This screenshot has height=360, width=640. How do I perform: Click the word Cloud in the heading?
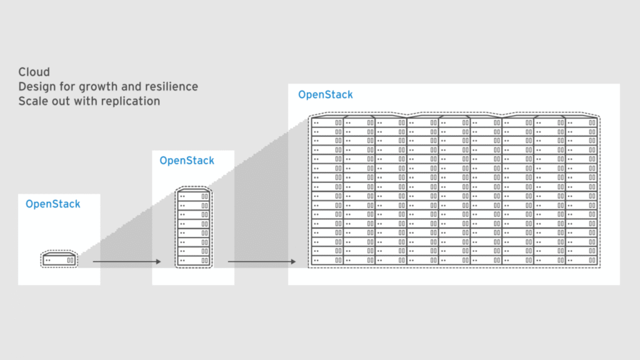pos(34,72)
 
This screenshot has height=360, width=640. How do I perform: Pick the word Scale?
pos(32,101)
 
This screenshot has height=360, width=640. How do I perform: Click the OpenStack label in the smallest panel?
pos(53,204)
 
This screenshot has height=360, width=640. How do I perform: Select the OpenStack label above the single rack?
pos(187,161)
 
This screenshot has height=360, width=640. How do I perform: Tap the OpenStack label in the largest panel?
pos(326,95)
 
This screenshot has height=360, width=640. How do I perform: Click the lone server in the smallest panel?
pos(59,259)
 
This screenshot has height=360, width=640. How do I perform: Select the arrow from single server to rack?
pos(127,262)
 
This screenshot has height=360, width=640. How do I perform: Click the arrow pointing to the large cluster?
pos(262,262)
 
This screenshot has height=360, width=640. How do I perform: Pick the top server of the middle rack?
pos(193,196)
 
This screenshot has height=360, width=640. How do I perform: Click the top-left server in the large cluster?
pos(327,123)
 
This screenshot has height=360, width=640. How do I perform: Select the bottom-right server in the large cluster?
pos(581,259)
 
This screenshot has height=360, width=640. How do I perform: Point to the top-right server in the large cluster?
pos(581,123)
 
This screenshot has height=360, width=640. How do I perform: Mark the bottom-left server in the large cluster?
pos(327,259)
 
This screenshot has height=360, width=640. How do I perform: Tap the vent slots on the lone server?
pos(70,259)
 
